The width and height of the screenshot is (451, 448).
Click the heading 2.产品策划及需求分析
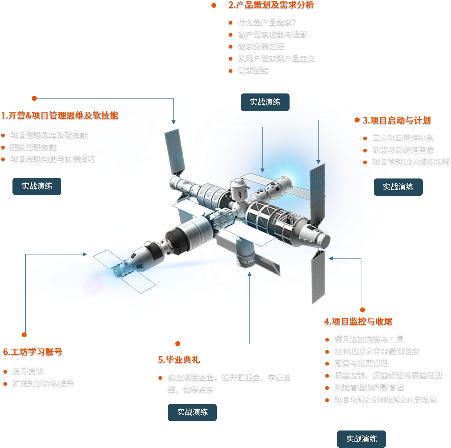pyautogui.click(x=271, y=5)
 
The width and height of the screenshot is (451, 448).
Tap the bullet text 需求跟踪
pyautogui.click(x=253, y=70)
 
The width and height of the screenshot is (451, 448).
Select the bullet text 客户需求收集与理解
pyautogui.click(x=272, y=34)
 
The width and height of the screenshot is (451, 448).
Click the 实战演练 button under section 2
pyautogui.click(x=265, y=102)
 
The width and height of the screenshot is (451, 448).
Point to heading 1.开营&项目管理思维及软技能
pyautogui.click(x=60, y=116)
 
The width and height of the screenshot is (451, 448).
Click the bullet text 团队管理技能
pyautogui.click(x=33, y=147)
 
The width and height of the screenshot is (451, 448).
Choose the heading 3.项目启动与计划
pyautogui.click(x=397, y=120)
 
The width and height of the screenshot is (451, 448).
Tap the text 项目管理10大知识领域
pyautogui.click(x=411, y=162)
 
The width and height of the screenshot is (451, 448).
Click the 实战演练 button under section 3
pyautogui.click(x=398, y=187)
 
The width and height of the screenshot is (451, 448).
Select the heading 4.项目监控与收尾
pyautogui.click(x=358, y=321)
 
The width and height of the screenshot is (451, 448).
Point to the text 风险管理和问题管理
pyautogui.click(x=369, y=387)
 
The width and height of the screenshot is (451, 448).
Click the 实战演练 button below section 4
pyautogui.click(x=361, y=439)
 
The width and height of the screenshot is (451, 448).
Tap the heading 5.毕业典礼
pyautogui.click(x=179, y=360)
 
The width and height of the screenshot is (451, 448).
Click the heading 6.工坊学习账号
pyautogui.click(x=33, y=352)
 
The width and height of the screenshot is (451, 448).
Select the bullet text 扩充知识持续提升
pyautogui.click(x=43, y=383)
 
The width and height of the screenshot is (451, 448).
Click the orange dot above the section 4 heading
pyautogui.click(x=362, y=310)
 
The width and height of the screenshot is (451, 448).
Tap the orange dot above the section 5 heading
pyautogui.click(x=178, y=344)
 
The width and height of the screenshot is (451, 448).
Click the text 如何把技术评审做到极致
pyautogui.click(x=377, y=351)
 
